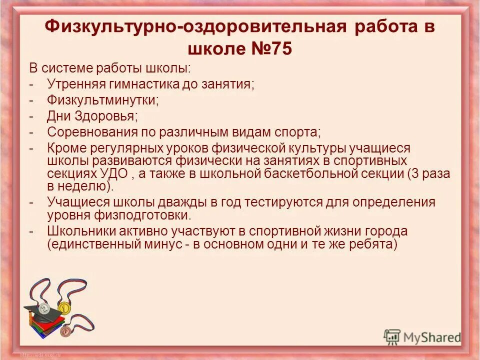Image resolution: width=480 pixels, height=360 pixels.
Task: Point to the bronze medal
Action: click(64, 330)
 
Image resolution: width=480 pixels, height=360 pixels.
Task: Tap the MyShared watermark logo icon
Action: click(392, 336)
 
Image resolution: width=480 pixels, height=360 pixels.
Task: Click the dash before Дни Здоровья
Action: click(31, 116)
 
